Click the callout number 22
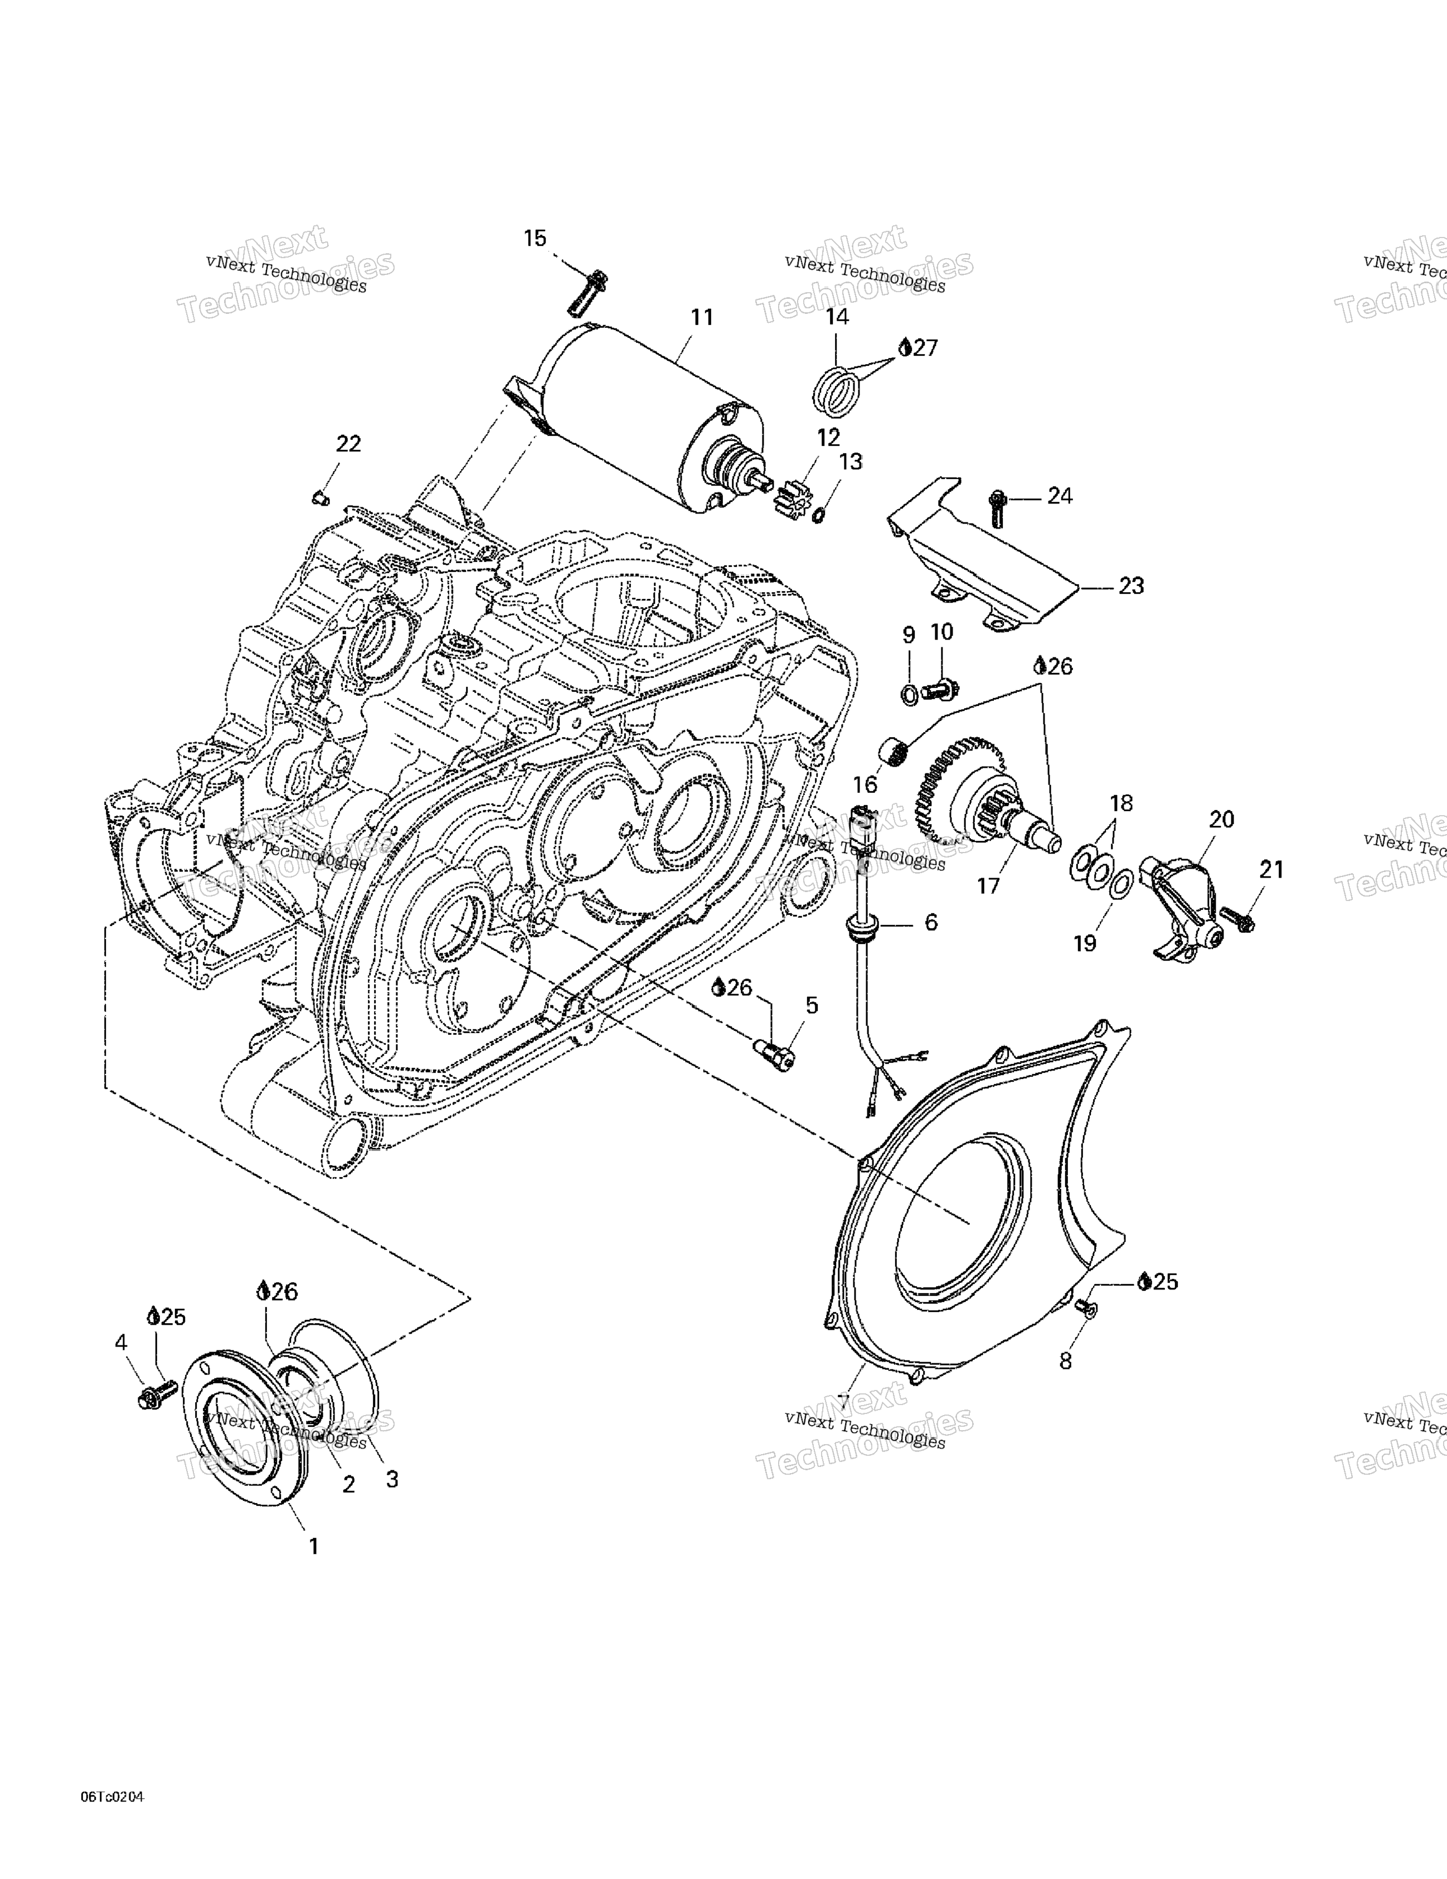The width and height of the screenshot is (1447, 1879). point(348,444)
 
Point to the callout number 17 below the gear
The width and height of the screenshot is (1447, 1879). point(988,885)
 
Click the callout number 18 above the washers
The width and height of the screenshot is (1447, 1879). point(1121,803)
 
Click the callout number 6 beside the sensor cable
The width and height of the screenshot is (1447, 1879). point(931,922)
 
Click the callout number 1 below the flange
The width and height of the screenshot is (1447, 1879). point(314,1546)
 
